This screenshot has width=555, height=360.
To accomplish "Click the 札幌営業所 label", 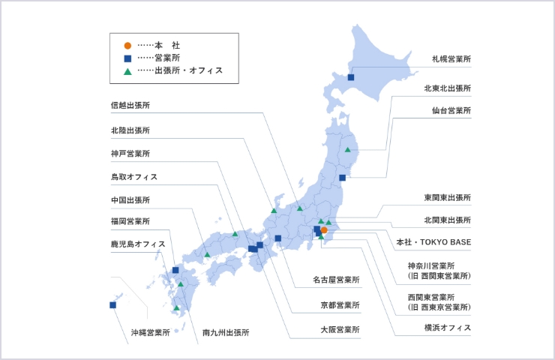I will (451, 58).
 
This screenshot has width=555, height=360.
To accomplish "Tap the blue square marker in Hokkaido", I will (351, 76).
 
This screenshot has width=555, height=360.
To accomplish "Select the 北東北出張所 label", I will (447, 88).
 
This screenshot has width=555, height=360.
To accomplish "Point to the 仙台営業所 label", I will (451, 110).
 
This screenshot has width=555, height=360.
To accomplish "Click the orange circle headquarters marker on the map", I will (324, 230).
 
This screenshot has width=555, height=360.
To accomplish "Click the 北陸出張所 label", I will (130, 130).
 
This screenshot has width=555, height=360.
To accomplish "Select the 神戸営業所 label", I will (130, 154).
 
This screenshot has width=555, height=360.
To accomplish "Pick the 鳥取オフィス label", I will (133, 177).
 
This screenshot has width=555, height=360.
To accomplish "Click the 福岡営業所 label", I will (130, 221).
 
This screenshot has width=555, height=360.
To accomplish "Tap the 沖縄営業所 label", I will (151, 331).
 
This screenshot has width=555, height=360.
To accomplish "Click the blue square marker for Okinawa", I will (112, 304).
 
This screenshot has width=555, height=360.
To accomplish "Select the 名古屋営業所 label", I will (336, 280).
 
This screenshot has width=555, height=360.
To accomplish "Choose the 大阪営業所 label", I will (340, 328).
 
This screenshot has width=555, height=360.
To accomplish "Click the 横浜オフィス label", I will (447, 328).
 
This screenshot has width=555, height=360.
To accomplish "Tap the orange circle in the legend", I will (127, 44).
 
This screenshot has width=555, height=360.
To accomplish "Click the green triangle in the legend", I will (127, 71).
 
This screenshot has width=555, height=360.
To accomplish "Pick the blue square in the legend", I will (127, 58).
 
